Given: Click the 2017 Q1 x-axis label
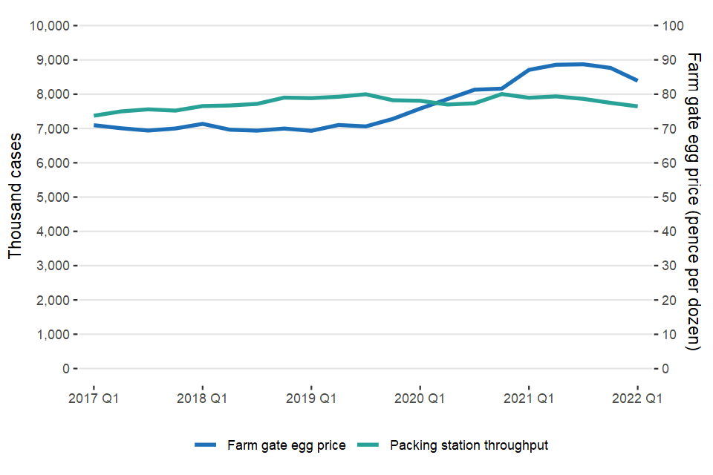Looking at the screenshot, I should [x=94, y=399].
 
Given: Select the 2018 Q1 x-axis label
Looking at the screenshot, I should [x=202, y=399].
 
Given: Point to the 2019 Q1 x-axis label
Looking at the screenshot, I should [x=311, y=399].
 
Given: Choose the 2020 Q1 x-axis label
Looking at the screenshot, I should [x=420, y=399].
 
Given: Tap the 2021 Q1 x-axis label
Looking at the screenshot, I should [x=529, y=399].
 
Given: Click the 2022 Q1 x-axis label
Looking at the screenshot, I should [x=637, y=399].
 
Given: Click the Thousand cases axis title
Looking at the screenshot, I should [x=15, y=197].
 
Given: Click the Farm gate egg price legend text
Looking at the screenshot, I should [x=287, y=445].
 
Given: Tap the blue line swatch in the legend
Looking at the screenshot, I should [x=206, y=445].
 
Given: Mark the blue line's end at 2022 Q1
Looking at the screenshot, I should [x=637, y=80].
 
